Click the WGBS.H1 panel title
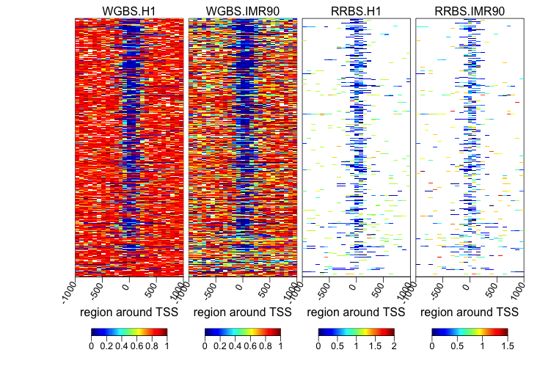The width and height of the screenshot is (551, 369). click(x=129, y=10)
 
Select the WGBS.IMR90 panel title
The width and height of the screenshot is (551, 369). click(x=243, y=10)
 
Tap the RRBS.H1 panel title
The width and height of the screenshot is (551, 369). click(x=356, y=10)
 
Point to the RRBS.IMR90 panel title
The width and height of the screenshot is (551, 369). click(x=470, y=10)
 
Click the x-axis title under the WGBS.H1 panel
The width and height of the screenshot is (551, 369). click(x=129, y=312)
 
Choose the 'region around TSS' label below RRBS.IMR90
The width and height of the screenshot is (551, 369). click(x=470, y=312)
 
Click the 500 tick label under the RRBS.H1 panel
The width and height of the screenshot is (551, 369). click(x=379, y=287)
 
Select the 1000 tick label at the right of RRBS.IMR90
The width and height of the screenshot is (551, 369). click(x=518, y=289)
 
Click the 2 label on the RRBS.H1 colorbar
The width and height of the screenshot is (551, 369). click(x=394, y=345)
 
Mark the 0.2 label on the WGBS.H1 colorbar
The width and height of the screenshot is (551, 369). click(x=106, y=345)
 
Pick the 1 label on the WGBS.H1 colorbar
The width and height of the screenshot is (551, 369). click(x=167, y=345)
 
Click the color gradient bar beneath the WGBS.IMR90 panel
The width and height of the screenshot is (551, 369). click(x=243, y=332)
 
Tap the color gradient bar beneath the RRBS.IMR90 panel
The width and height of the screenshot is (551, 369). click(x=470, y=332)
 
